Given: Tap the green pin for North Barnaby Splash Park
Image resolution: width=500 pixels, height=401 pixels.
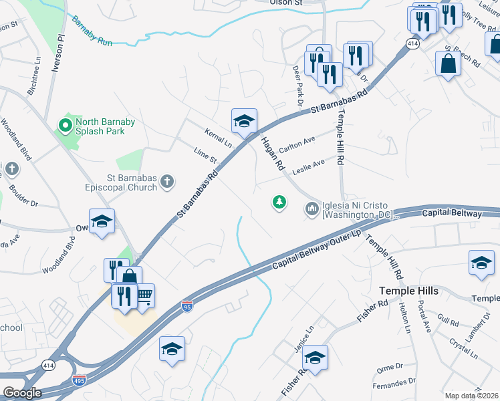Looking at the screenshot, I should click(65, 124).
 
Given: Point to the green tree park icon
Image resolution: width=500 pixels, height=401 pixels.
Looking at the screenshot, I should click(279, 202).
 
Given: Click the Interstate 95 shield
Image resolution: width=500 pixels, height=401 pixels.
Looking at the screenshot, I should click(188, 306).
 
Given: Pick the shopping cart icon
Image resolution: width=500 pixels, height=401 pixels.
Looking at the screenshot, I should click(144, 295).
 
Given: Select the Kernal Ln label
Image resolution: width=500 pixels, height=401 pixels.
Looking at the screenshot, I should click(219, 138).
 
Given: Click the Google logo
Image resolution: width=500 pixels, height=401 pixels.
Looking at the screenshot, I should click(21, 393).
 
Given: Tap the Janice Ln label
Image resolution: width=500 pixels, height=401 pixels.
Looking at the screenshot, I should click(309, 336).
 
